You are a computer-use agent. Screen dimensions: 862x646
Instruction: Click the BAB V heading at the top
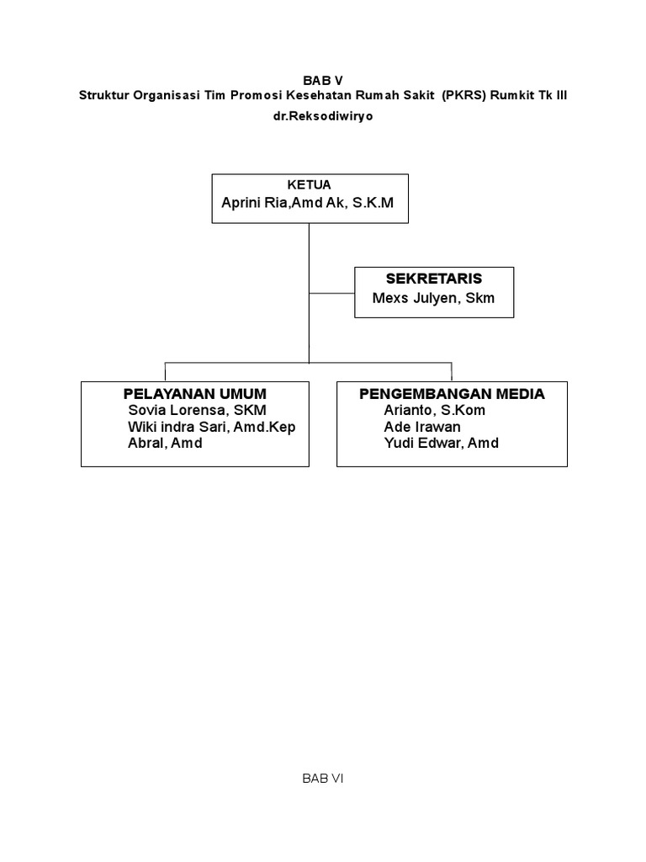(x=323, y=81)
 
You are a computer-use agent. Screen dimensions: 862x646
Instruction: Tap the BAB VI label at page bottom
(x=323, y=779)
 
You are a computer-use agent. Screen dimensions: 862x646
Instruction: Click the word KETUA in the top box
(x=310, y=184)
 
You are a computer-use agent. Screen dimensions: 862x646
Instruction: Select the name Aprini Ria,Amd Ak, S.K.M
(x=307, y=203)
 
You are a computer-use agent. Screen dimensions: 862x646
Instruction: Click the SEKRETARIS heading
(x=433, y=279)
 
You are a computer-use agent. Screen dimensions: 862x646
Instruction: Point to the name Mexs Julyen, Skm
(x=433, y=298)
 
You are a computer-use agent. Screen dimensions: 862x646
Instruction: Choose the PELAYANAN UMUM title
(x=194, y=393)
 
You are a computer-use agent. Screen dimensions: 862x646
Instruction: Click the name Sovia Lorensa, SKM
(x=197, y=411)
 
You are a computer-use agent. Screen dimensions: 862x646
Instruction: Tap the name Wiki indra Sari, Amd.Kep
(x=211, y=427)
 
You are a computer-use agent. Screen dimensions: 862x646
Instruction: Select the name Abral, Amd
(x=165, y=443)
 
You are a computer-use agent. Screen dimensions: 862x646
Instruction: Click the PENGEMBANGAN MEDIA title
(x=452, y=393)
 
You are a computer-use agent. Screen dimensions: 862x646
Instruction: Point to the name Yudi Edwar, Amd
(x=441, y=443)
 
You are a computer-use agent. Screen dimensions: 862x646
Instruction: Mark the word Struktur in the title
(x=104, y=95)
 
